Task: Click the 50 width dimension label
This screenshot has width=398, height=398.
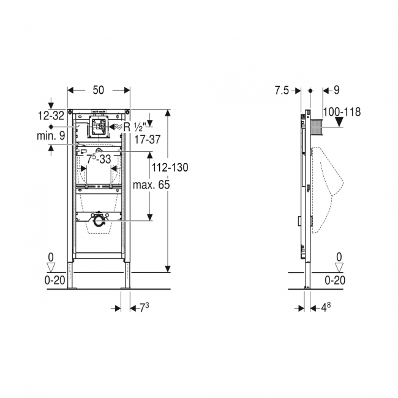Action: [x=99, y=90]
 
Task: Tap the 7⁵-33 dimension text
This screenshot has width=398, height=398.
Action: [x=98, y=159]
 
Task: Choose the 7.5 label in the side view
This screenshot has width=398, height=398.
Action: [x=281, y=90]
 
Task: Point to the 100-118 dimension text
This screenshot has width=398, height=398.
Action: [x=342, y=111]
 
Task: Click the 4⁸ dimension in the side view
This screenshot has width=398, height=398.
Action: [x=323, y=306]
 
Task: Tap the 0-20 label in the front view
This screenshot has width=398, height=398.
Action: [x=52, y=280]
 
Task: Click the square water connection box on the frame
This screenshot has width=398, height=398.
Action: [x=98, y=127]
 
